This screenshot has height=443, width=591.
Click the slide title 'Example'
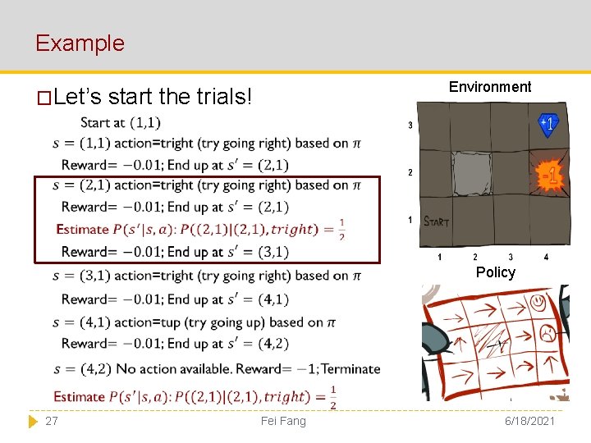pyautogui.click(x=80, y=43)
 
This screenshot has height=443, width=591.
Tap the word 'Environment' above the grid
pyautogui.click(x=490, y=87)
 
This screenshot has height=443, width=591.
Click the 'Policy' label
pyautogui.click(x=496, y=272)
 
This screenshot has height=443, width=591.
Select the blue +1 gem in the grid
pyautogui.click(x=547, y=124)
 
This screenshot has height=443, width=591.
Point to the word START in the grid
pyautogui.click(x=436, y=221)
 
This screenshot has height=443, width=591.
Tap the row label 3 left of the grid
pyautogui.click(x=410, y=126)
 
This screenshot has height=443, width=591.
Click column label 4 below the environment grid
pyautogui.click(x=546, y=258)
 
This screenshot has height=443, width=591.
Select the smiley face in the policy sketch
pyautogui.click(x=538, y=303)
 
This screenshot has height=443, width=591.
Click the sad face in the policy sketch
pyautogui.click(x=543, y=334)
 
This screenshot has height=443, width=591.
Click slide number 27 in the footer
pyautogui.click(x=51, y=421)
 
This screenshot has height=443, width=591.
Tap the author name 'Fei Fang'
pyautogui.click(x=282, y=421)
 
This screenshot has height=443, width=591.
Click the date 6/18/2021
pyautogui.click(x=526, y=421)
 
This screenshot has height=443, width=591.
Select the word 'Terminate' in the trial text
pyautogui.click(x=350, y=369)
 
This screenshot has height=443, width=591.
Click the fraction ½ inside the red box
pyautogui.click(x=341, y=229)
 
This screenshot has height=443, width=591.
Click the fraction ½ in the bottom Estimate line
pyautogui.click(x=332, y=397)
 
